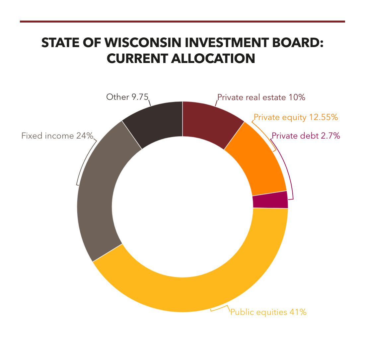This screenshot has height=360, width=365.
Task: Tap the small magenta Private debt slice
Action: coord(270,200)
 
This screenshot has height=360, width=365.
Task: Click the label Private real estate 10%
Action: coord(261,97)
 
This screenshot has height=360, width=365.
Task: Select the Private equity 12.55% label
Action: coord(296,117)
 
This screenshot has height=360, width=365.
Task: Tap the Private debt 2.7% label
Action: coord(306,136)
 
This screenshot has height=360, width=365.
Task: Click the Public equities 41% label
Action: coord(268,312)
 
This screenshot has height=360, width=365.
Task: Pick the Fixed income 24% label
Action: coord(57,136)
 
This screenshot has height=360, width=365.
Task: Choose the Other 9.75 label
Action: coord(127,97)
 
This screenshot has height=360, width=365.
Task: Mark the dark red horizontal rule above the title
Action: coord(183,22)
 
